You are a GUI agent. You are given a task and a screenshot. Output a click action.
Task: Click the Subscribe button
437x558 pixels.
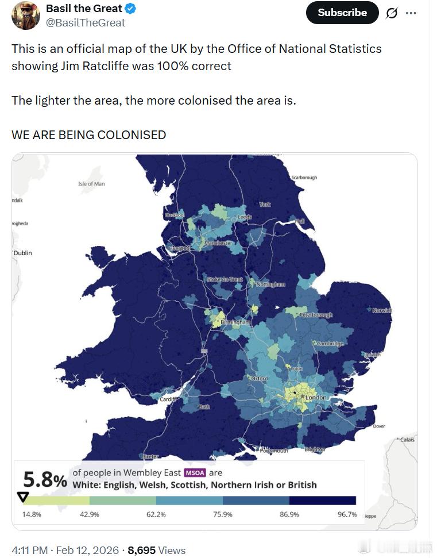pos(342,13)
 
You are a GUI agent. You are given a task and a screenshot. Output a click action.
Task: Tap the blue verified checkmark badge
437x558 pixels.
pos(131,9)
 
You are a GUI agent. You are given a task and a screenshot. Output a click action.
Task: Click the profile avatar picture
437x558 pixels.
pos(26,15)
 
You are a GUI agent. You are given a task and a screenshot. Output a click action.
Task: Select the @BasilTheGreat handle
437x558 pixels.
pos(86,23)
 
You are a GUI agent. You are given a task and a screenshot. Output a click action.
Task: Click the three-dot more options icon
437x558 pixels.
pos(411,13)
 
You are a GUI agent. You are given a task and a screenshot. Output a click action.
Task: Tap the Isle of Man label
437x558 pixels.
pos(91,184)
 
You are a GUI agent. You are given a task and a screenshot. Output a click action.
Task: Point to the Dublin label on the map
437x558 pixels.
pos(23,253)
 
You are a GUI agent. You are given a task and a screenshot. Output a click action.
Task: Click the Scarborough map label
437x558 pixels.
pos(304,178)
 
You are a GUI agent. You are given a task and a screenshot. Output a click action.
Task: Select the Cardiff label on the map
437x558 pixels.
pos(168,399)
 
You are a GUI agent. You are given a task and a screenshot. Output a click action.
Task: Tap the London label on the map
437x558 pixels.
pos(316,398)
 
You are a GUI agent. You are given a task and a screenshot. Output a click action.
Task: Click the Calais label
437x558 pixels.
pos(407,440)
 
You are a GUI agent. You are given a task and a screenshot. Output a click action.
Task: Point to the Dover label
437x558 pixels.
pos(379,426)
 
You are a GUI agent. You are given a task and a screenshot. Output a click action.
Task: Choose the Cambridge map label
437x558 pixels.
pos(330,344)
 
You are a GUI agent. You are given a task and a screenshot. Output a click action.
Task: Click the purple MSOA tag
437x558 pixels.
pos(194,473)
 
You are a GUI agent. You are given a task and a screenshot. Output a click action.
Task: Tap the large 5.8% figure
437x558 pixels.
pos(45,479)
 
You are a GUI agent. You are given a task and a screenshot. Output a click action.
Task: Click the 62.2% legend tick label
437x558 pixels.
pos(156,514)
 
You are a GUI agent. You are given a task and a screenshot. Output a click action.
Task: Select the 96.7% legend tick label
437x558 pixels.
pos(347,514)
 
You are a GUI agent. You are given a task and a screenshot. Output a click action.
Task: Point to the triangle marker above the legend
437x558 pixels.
pos(23,497)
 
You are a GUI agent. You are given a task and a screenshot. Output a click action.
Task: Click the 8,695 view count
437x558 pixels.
pos(141,550)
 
